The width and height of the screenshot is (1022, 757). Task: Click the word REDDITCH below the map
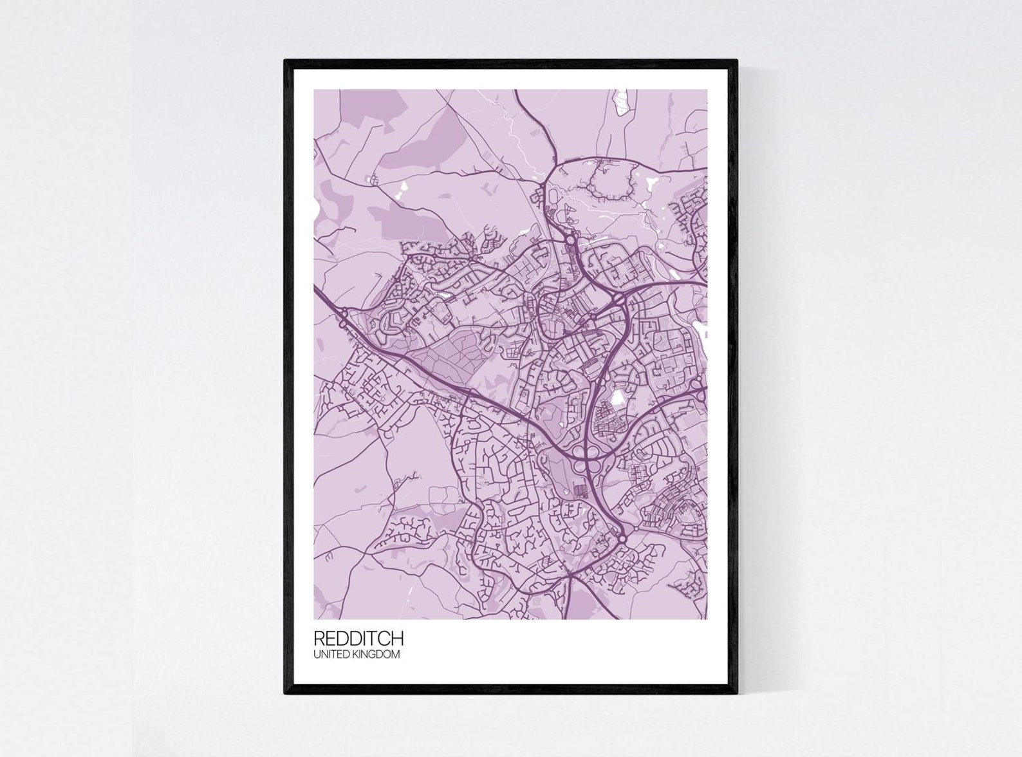click(x=358, y=638)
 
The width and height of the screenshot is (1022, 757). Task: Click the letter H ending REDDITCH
click(x=398, y=638)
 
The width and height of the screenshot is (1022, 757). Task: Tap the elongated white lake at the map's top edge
click(x=622, y=102)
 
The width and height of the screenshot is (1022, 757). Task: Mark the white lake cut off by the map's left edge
click(x=316, y=209)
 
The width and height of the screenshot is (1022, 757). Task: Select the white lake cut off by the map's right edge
click(x=701, y=330)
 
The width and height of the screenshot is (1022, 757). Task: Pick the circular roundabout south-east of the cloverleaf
click(x=622, y=538)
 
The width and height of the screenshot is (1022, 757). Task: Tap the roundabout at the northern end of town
click(x=571, y=240)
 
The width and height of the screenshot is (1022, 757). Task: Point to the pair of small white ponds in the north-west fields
click(x=403, y=188)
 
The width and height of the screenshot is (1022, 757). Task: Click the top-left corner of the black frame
click(x=286, y=61)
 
